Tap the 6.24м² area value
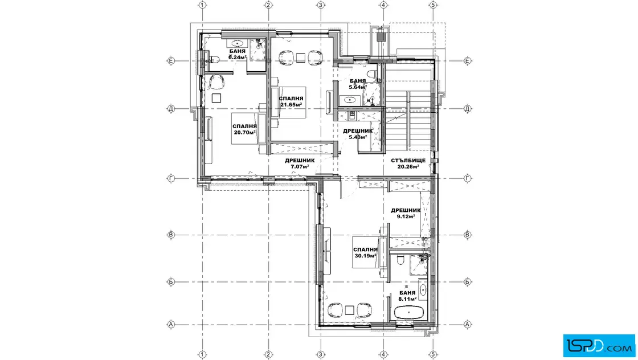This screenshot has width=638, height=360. click(237, 58)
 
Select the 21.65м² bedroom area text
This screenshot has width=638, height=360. click(291, 105)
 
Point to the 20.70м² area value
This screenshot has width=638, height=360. click(244, 132)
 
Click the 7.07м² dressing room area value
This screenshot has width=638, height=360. click(300, 166)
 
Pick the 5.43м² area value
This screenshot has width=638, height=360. click(358, 137)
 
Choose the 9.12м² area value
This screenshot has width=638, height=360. click(406, 216)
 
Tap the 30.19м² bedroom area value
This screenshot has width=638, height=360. click(365, 256)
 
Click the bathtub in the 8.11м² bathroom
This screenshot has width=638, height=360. click(409, 313)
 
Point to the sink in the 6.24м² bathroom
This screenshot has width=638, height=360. click(237, 43)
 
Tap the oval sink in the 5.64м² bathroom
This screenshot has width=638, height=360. click(350, 100)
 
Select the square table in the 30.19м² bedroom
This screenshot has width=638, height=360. click(350, 310)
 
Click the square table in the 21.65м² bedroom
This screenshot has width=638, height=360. click(301, 58)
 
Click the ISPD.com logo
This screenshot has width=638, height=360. click(599, 346)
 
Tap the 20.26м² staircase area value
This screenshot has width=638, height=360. click(408, 166)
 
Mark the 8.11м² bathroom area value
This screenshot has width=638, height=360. click(407, 299)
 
